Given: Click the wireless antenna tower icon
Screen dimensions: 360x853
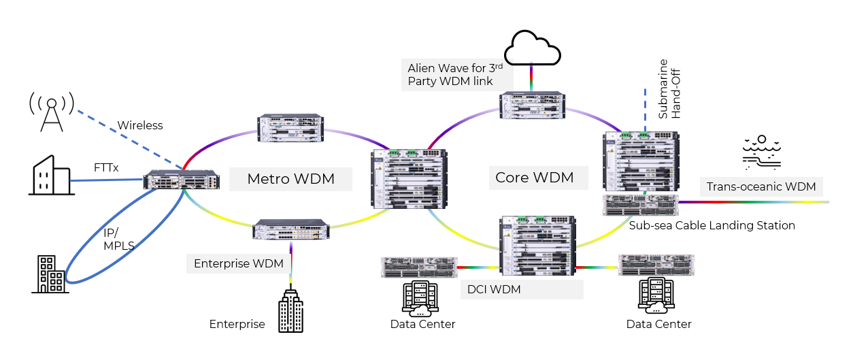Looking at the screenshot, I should point(51,110).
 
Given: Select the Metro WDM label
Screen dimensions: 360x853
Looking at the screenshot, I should point(290,180).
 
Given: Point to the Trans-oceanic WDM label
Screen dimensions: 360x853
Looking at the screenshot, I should point(760,186).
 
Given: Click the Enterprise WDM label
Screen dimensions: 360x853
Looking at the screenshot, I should point(238,264).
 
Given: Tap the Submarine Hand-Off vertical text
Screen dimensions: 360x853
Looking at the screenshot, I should point(669,88).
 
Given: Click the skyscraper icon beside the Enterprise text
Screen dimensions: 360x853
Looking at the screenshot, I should point(291,311).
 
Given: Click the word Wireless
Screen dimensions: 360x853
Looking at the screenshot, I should point(140,125).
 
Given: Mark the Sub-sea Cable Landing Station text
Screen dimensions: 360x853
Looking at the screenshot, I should point(712,225).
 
